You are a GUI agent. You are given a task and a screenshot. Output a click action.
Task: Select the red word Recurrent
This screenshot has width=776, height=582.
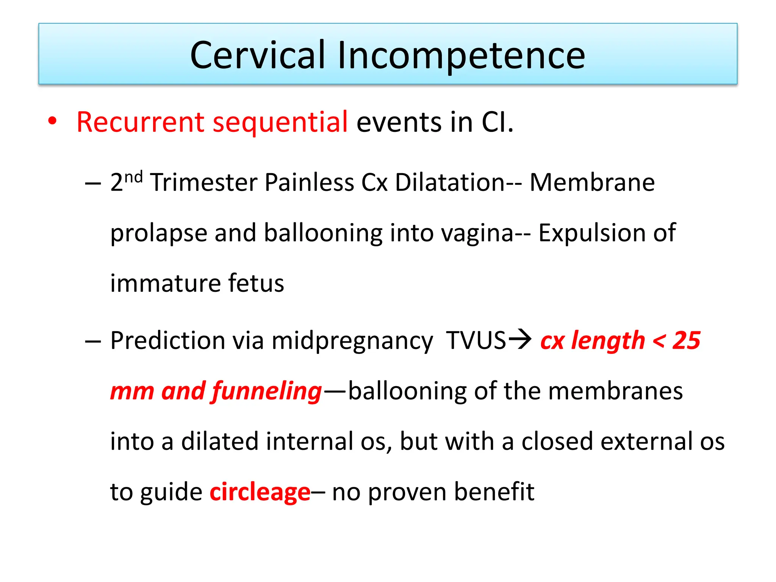tap(141, 122)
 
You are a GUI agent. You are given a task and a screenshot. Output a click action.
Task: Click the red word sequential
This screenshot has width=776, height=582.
tap(280, 122)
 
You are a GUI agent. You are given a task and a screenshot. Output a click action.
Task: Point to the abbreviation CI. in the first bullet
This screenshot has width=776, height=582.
tap(498, 122)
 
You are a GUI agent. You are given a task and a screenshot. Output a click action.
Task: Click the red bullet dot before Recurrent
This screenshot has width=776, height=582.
tap(52, 121)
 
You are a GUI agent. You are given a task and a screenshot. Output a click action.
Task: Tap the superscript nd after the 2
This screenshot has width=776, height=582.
tap(133, 177)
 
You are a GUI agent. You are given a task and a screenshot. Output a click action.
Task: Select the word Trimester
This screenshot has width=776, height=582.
tap(204, 182)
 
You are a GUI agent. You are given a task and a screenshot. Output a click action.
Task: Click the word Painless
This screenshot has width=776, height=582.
tap(309, 182)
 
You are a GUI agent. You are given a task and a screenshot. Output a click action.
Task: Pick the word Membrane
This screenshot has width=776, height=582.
tap(592, 182)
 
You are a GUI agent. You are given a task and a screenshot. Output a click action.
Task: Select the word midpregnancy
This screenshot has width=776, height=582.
tap(352, 341)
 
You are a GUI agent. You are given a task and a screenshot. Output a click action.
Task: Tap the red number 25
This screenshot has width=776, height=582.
tap(686, 341)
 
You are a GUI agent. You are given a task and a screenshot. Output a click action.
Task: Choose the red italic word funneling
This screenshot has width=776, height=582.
tap(267, 391)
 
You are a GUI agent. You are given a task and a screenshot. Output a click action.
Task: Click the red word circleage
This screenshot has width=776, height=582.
tap(260, 492)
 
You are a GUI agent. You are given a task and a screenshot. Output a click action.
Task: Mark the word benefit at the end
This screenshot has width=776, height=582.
tap(494, 492)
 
